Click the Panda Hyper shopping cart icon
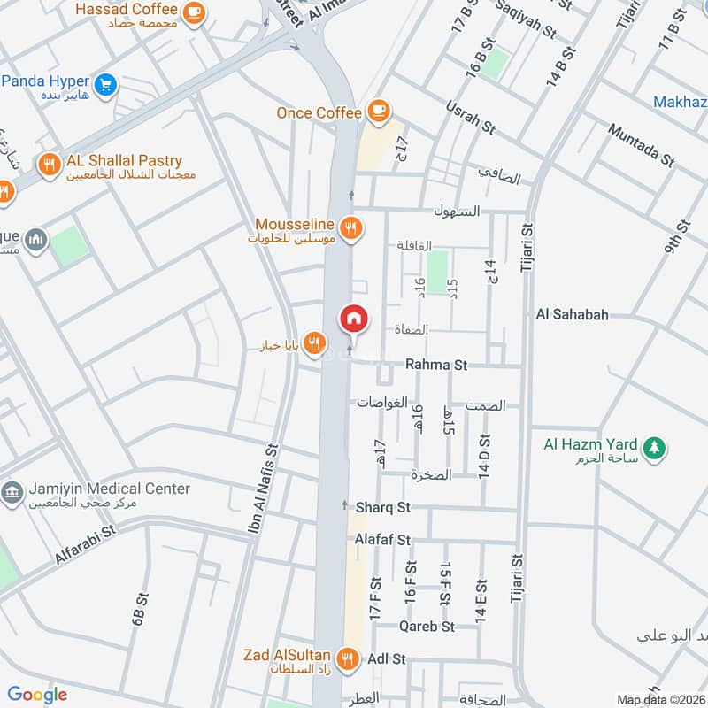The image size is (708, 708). pos(106,85)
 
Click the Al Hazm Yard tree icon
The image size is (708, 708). pos(655,448)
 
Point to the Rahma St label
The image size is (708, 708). pos(435,364)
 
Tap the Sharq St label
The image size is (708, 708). pos(384,508)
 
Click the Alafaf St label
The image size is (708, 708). pos(382,539)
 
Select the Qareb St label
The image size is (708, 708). pos(427,626)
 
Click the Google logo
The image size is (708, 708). pos(37,695)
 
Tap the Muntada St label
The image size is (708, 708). pos(641,144)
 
